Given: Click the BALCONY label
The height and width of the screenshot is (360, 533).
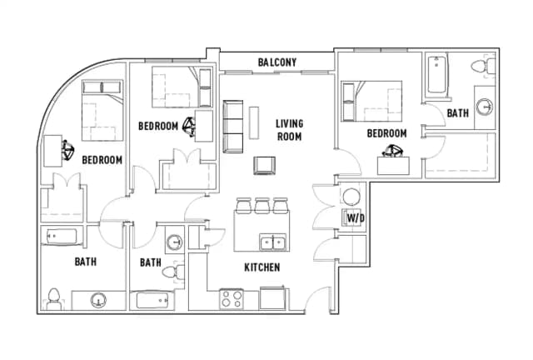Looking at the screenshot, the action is pyautogui.click(x=277, y=62).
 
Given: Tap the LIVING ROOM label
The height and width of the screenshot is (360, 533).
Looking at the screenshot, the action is pyautogui.click(x=289, y=130).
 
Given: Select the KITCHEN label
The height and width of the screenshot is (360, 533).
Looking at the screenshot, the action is pyautogui.click(x=262, y=267).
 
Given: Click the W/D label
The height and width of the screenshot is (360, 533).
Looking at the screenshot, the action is pyautogui.click(x=356, y=218).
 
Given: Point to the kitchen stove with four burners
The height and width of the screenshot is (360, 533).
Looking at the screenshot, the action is pyautogui.click(x=232, y=299).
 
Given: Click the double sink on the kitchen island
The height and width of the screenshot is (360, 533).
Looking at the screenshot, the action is pyautogui.click(x=272, y=242).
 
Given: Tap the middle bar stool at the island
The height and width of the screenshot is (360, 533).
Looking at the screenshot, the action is pyautogui.click(x=262, y=206).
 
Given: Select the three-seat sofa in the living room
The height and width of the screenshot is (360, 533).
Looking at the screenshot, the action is pyautogui.click(x=233, y=127).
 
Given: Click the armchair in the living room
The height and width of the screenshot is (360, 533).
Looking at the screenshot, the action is pyautogui.click(x=264, y=166).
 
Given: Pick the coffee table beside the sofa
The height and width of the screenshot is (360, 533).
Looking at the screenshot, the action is pyautogui.click(x=253, y=122).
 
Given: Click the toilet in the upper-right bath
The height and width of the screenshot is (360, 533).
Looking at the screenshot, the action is pyautogui.click(x=483, y=66).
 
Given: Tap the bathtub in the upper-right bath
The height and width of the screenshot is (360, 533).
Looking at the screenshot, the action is pyautogui.click(x=436, y=74).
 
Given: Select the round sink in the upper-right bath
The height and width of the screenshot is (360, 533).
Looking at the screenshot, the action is pyautogui.click(x=484, y=107).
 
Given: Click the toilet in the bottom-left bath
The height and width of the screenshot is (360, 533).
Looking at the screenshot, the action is pyautogui.click(x=53, y=299).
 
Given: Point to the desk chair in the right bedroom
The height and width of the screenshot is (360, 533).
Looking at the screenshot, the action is pyautogui.click(x=393, y=150).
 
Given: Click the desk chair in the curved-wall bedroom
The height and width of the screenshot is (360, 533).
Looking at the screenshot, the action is pyautogui.click(x=68, y=150).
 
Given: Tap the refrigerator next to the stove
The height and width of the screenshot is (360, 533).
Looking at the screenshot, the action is pyautogui.click(x=272, y=298).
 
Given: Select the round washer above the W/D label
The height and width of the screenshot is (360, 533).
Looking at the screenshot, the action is pyautogui.click(x=351, y=197).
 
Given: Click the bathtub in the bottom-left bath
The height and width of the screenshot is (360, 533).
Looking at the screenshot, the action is pyautogui.click(x=62, y=237).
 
